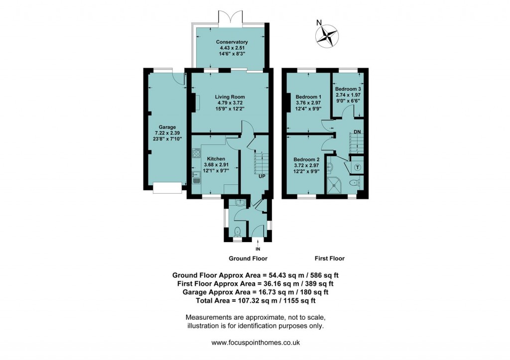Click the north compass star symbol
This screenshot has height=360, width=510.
point(326,35)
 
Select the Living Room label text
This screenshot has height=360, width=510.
point(230,97)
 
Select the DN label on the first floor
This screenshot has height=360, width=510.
point(357,131)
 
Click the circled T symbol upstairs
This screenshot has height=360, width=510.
point(358,167)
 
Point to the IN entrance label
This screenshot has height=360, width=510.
point(258,248)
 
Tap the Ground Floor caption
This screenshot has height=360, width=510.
point(248,258)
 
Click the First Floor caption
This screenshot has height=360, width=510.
point(330,258)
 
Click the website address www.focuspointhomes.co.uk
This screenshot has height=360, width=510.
point(255,343)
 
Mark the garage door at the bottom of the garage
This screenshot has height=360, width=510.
point(167,188)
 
